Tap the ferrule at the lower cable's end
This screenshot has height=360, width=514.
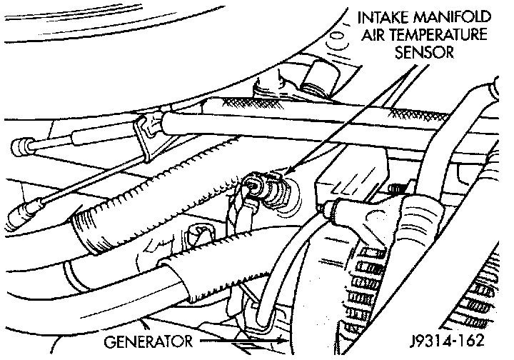pyautogui.click(x=21, y=211)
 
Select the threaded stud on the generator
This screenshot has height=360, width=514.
pyautogui.click(x=397, y=190)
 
